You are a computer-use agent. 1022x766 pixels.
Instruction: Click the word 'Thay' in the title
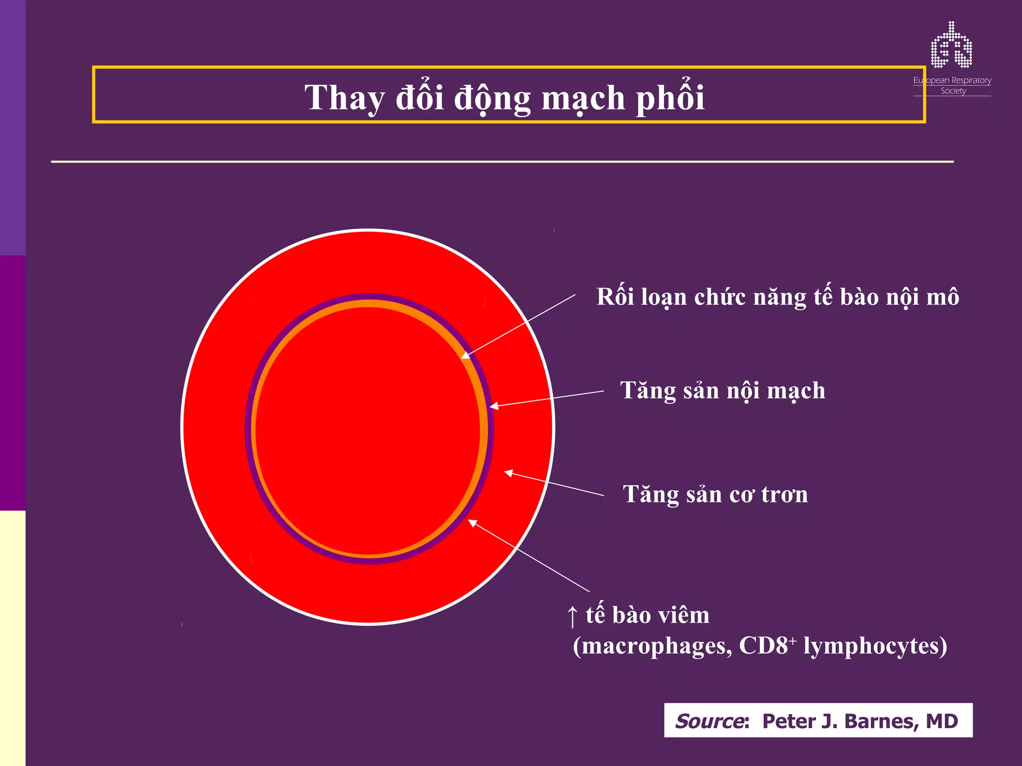(x=344, y=98)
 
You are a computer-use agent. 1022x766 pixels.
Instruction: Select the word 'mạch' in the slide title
(x=583, y=98)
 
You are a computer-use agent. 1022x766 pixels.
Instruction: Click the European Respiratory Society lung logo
(x=951, y=45)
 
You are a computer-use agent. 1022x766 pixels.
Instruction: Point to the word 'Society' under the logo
(x=953, y=91)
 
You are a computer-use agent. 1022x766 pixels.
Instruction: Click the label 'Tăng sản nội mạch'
(x=722, y=390)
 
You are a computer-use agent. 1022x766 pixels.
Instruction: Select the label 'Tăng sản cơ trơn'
(x=715, y=495)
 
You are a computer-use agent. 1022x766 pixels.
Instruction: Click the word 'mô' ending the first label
(x=943, y=297)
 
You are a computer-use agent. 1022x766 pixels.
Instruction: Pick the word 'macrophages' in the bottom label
(x=653, y=646)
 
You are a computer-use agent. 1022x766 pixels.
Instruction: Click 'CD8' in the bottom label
(x=763, y=646)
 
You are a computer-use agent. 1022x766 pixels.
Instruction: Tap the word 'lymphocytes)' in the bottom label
(x=875, y=646)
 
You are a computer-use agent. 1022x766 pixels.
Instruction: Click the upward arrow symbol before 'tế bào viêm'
(x=572, y=616)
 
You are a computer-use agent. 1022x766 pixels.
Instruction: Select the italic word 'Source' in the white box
(x=710, y=721)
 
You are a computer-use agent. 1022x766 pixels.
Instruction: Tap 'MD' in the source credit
(x=942, y=721)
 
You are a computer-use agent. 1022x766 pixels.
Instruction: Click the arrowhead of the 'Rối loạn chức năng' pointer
(x=465, y=356)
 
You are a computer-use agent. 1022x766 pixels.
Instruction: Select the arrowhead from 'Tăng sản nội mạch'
(x=494, y=407)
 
